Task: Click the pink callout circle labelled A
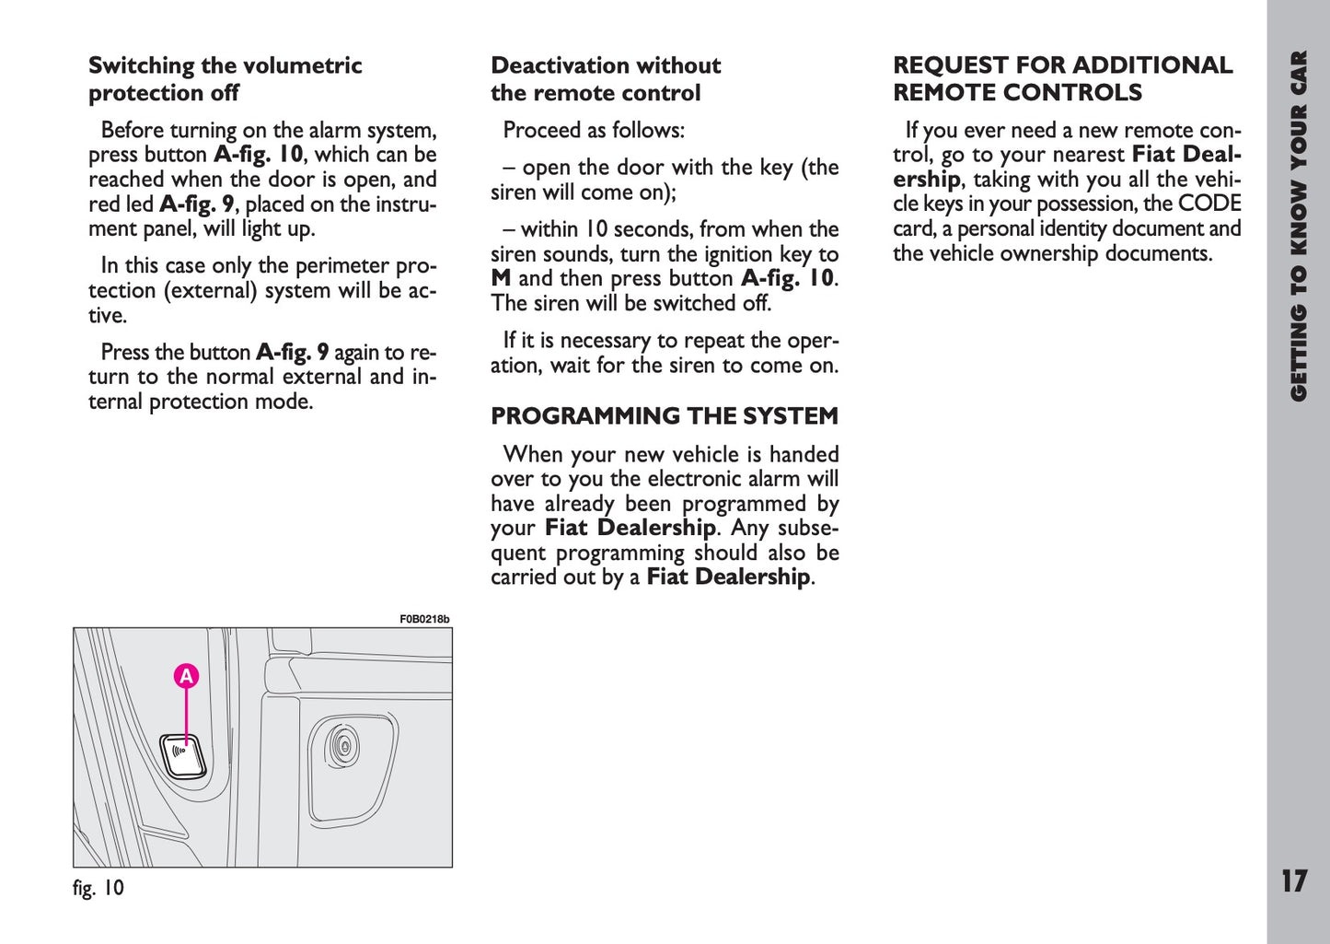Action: coord(187,676)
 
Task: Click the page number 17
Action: coord(1293,881)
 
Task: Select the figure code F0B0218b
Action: coord(424,620)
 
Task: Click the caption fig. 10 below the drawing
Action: coord(98,888)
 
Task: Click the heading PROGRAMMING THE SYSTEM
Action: coord(664,416)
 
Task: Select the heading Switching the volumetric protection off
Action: coord(225,79)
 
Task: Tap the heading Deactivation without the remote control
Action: coord(605,79)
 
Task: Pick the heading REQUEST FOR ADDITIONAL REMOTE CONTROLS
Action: coord(1062,79)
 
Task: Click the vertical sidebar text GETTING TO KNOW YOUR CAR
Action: coord(1298,226)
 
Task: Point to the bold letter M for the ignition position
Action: coord(501,278)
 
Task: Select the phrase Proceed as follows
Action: coord(593,130)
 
